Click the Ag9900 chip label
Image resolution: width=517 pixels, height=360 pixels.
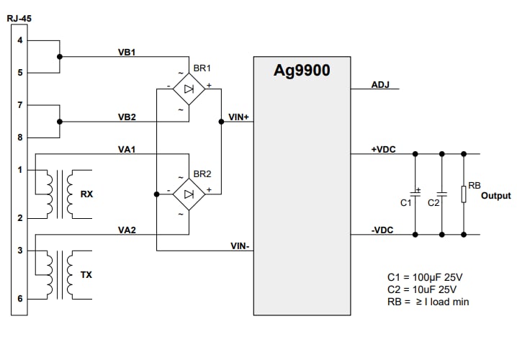302,71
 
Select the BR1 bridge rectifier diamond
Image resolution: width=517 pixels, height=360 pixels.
188,89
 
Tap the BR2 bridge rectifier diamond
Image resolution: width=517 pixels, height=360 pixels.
188,194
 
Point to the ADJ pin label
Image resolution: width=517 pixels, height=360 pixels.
380,85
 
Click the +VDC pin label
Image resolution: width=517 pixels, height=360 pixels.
382,149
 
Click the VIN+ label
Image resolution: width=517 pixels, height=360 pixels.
238,116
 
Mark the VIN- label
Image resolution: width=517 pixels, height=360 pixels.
239,246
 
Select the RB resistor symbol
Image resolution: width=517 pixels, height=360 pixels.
464,194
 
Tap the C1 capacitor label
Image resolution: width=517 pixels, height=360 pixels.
405,203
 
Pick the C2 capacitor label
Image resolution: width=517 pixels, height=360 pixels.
433,203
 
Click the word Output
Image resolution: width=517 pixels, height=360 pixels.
495,195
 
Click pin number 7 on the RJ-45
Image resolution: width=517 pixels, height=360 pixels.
19,105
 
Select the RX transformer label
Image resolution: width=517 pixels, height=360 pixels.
86,194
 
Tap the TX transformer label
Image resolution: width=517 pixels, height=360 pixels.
86,274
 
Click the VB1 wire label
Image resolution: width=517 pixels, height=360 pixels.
127,53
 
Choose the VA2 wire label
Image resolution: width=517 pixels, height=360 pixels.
127,230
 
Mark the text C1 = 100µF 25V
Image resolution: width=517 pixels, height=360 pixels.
426,277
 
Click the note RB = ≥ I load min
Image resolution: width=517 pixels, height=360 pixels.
428,302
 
